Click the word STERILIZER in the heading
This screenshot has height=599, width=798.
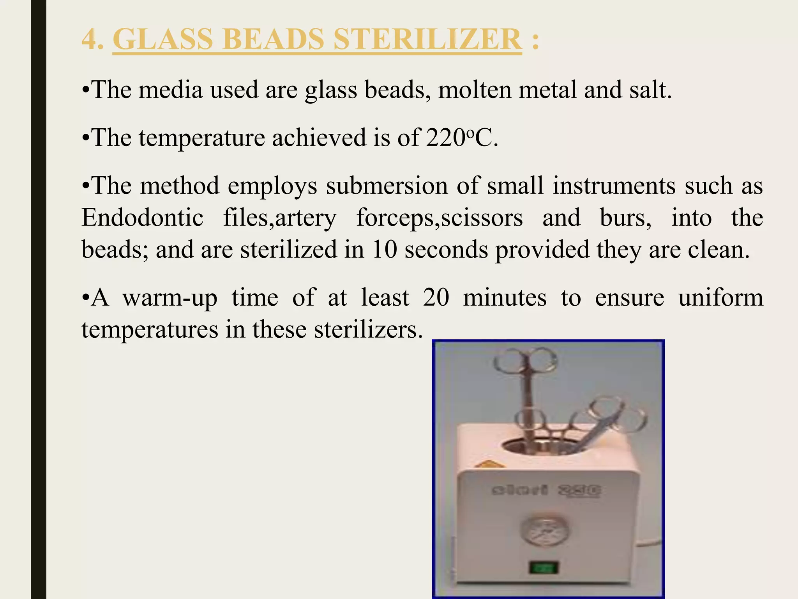click(x=427, y=39)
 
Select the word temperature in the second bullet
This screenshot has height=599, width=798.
click(x=201, y=138)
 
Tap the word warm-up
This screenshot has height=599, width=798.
click(x=169, y=298)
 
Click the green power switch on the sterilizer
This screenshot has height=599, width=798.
click(x=544, y=567)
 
